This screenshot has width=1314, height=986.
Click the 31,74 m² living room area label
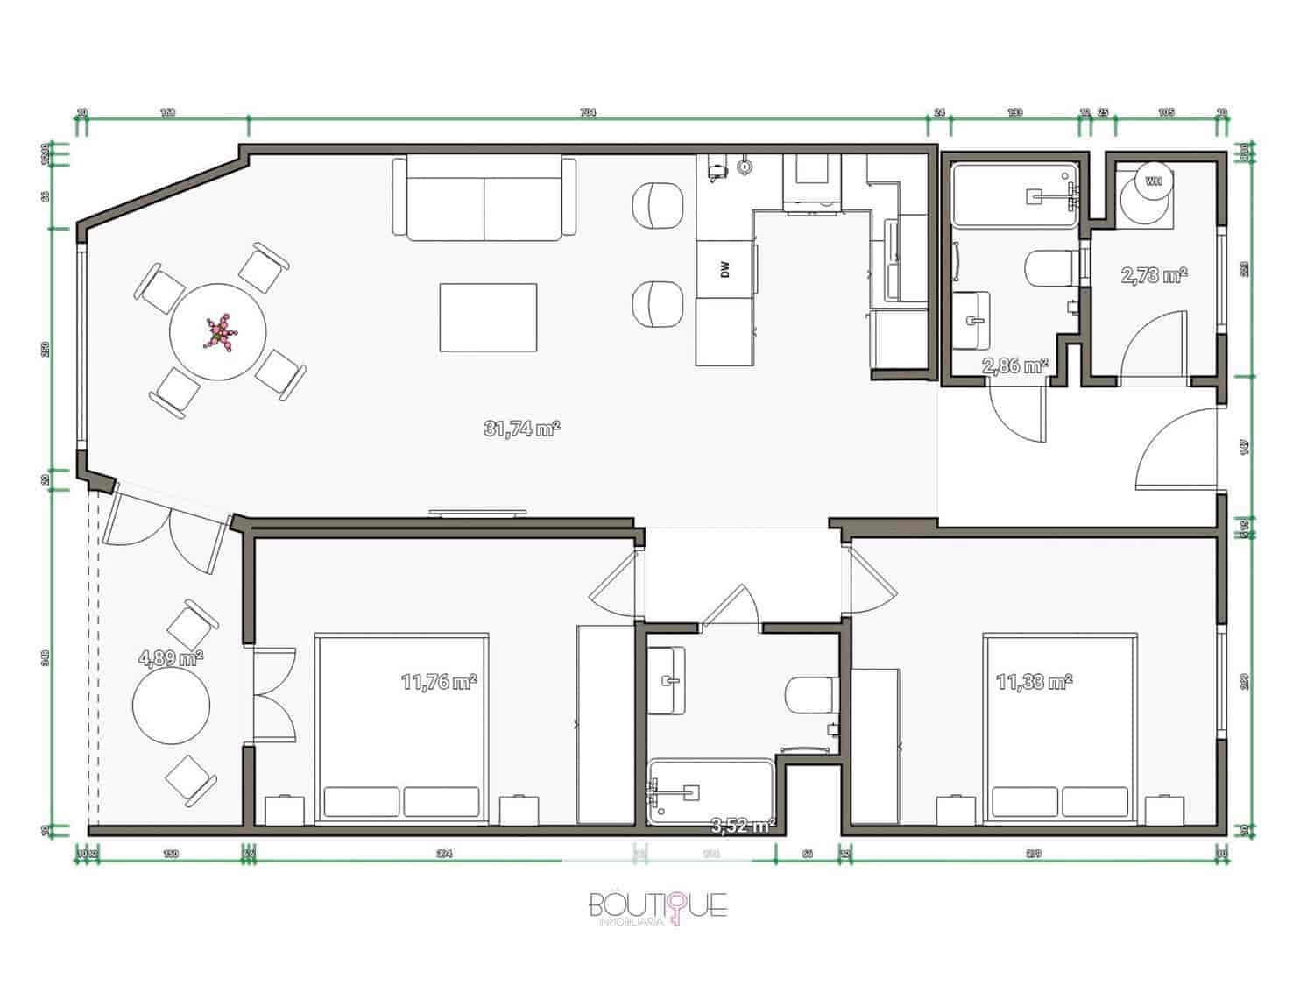click(x=521, y=429)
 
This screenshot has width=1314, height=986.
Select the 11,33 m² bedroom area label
click(x=1035, y=681)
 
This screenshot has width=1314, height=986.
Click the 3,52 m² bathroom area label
click(x=743, y=825)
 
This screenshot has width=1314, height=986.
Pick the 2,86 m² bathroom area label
click(x=1015, y=365)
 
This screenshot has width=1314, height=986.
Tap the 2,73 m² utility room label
click(x=1154, y=275)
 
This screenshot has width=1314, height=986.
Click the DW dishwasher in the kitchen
click(x=724, y=270)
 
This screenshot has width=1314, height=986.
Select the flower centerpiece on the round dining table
click(x=218, y=332)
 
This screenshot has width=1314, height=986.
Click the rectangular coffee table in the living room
click(x=488, y=316)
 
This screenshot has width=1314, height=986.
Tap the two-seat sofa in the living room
click(x=484, y=200)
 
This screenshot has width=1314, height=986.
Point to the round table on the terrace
click(x=171, y=707)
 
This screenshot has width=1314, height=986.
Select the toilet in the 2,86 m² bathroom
click(x=1051, y=269)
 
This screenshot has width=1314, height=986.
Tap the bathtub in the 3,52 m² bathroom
click(x=710, y=791)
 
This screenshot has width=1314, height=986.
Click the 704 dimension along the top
click(x=588, y=112)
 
